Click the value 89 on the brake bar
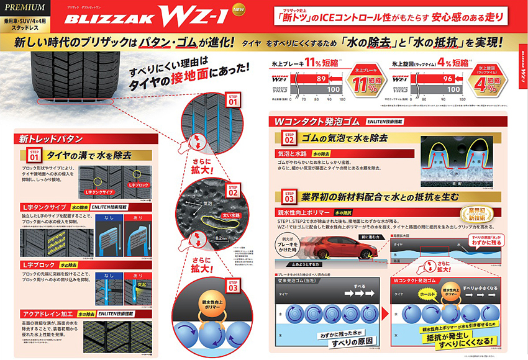321,79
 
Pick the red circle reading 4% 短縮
490,79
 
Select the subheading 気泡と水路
292,153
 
